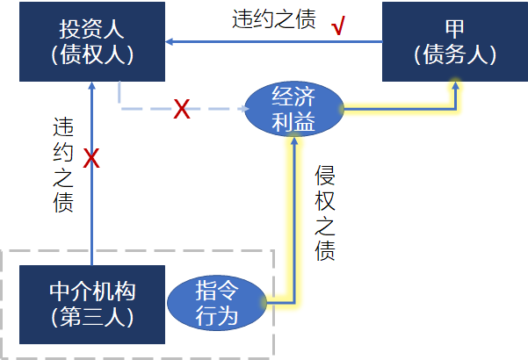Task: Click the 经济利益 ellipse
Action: [x=293, y=109]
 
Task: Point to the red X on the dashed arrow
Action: [x=182, y=110]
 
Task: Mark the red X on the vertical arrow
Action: [x=91, y=160]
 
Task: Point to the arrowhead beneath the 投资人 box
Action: [x=91, y=83]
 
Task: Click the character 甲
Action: [x=455, y=27]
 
